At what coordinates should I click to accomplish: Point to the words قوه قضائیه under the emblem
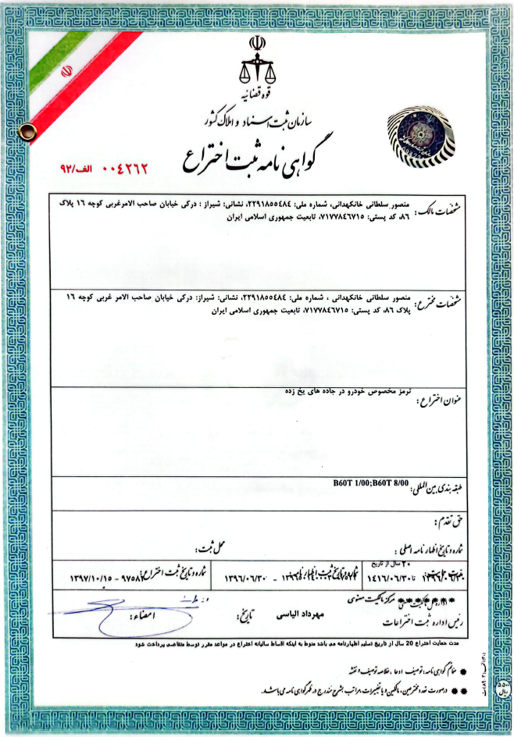pos(257,92)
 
